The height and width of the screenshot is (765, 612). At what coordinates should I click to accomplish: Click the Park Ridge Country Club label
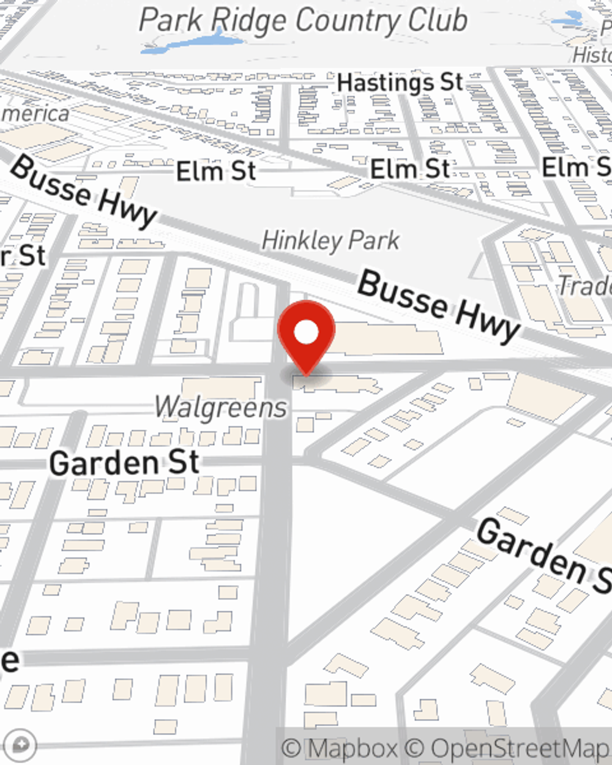tap(303, 21)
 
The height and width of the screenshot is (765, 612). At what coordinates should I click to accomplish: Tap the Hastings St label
tap(400, 83)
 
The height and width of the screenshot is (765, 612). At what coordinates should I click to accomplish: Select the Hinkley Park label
tap(330, 241)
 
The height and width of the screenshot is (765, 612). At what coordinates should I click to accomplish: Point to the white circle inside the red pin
tap(306, 332)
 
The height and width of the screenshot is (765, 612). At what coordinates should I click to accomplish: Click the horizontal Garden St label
tap(124, 463)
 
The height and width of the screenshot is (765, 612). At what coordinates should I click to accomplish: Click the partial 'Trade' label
tap(584, 286)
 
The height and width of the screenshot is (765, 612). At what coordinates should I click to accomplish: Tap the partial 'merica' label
tap(35, 114)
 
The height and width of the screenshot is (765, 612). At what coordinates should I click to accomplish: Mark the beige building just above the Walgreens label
tap(220, 387)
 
